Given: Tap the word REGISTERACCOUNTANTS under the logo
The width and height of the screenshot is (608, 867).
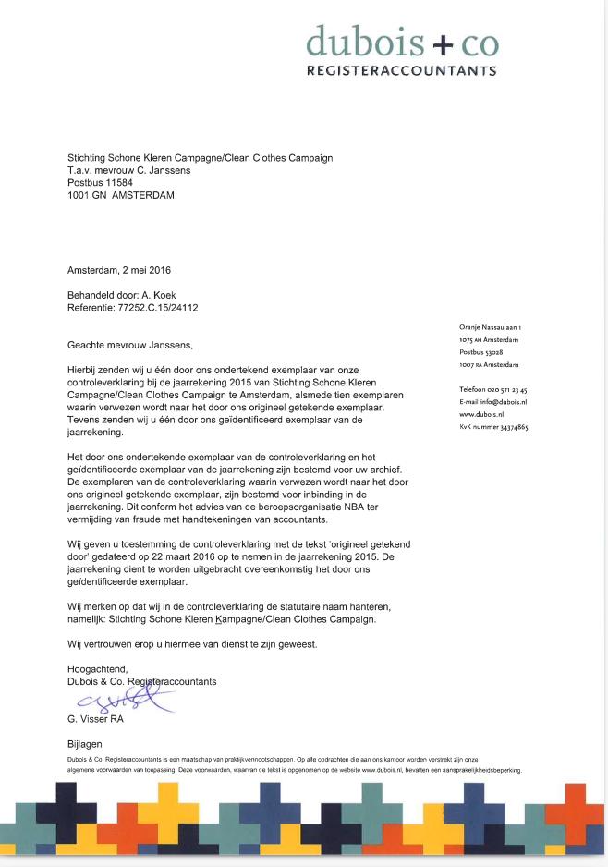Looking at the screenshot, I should [x=402, y=71].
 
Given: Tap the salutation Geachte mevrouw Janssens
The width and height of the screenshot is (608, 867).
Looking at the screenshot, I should [x=131, y=345].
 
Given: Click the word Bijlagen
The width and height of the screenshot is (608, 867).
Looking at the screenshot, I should [x=86, y=744].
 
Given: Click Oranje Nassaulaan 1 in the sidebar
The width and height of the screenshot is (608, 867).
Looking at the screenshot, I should [x=491, y=327].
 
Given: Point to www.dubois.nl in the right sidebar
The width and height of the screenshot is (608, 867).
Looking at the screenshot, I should [x=481, y=415].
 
